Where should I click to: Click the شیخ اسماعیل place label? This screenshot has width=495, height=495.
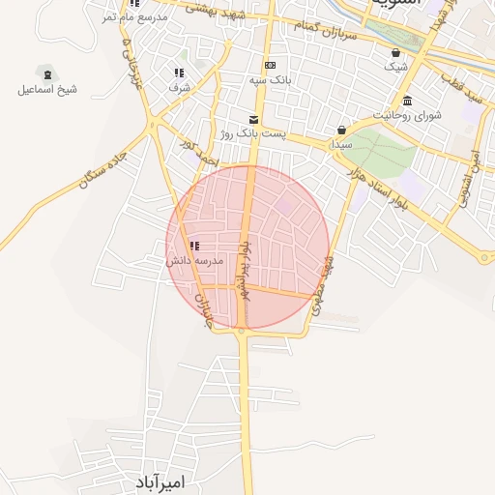point(46,90)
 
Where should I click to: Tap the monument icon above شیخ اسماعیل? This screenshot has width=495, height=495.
point(46,73)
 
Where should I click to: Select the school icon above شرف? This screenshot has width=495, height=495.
point(179,73)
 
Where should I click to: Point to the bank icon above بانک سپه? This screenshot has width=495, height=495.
point(270,66)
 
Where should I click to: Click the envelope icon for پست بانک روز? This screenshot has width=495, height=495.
point(253,118)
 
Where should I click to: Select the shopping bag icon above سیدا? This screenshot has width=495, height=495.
point(341,130)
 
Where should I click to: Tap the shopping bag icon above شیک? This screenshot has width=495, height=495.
point(396,52)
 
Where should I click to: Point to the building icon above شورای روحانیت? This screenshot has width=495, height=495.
point(407,101)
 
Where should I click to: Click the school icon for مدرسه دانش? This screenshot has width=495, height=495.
point(195,247)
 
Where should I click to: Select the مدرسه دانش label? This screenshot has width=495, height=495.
point(195,261)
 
